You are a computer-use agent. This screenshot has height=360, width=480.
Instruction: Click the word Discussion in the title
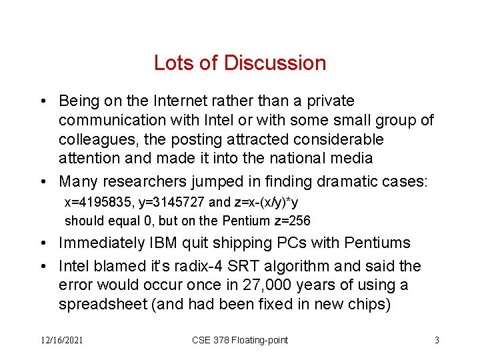click(275, 63)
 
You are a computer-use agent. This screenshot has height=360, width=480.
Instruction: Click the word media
click(351, 159)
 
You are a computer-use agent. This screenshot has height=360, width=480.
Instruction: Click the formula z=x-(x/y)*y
click(274, 203)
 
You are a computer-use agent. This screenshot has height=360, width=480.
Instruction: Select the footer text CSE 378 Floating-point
click(240, 340)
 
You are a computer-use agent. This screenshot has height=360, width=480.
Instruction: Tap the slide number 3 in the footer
click(437, 340)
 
